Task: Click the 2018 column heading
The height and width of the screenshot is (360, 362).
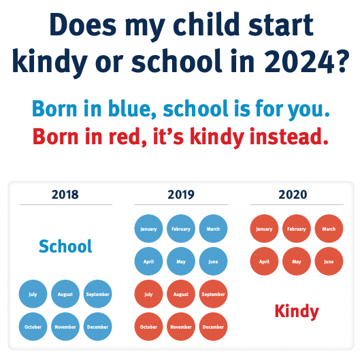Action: click(x=65, y=195)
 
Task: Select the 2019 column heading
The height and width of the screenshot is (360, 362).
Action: click(x=181, y=195)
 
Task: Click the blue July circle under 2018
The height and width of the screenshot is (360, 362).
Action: click(x=33, y=295)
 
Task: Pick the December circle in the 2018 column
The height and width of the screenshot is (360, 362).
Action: click(x=97, y=327)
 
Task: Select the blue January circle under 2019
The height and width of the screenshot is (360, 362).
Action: click(x=148, y=229)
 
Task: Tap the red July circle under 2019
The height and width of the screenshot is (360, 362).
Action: click(x=148, y=295)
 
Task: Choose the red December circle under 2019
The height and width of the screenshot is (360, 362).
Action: click(x=213, y=327)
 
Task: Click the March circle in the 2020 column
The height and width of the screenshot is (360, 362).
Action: click(x=329, y=229)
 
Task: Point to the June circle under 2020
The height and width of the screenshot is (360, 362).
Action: click(x=329, y=261)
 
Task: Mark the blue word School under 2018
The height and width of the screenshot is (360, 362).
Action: click(x=65, y=246)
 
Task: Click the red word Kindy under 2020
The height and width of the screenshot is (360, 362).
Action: click(x=297, y=311)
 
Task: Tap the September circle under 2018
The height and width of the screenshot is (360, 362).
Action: click(x=97, y=295)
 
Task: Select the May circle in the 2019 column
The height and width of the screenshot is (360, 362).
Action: click(x=181, y=261)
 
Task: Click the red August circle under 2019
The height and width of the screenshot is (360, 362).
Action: click(x=181, y=295)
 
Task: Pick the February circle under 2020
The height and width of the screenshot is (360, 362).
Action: click(x=297, y=229)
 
